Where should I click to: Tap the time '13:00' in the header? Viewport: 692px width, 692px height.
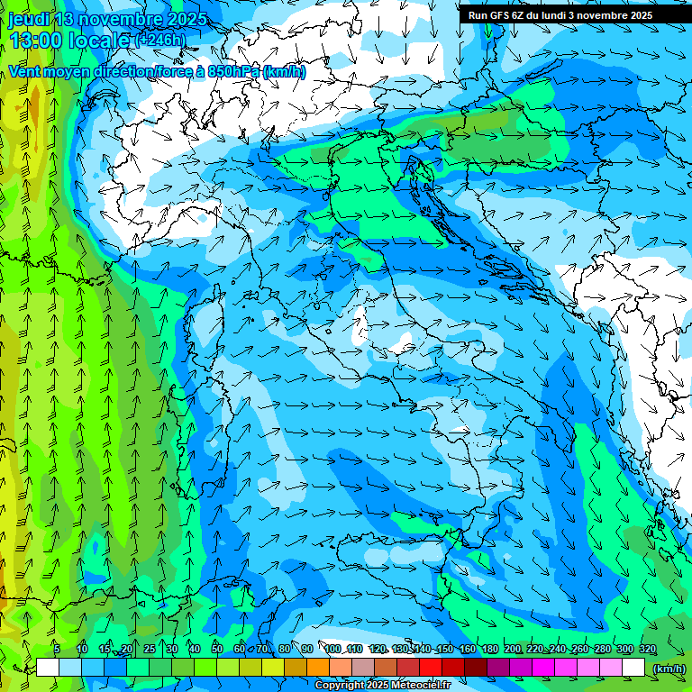35,40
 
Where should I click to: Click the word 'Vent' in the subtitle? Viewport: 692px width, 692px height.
24,71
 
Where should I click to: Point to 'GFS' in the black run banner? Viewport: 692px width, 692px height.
501,14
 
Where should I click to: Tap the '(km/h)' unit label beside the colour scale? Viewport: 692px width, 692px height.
669,668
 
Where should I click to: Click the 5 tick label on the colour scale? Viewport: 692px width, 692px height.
56,649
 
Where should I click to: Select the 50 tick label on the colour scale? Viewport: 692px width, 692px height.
217,649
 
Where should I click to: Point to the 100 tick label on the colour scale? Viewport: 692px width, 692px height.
333,649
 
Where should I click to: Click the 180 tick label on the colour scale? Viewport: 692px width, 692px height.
489,649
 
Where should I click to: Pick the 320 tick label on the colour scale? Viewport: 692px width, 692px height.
647,649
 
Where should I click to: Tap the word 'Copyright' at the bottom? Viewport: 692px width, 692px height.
340,685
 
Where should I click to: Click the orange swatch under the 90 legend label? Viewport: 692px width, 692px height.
318,668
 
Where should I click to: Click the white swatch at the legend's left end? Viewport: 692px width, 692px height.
48,668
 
